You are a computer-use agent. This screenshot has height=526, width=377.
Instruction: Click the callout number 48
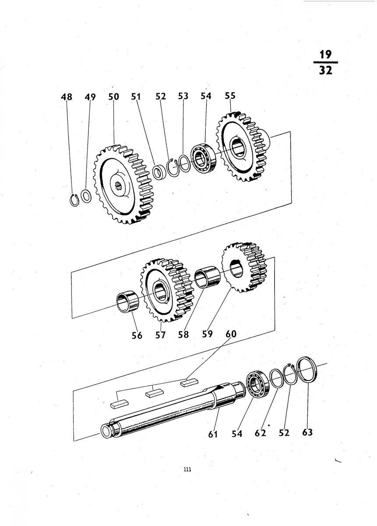67,97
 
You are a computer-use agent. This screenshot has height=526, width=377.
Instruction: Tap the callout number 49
90,97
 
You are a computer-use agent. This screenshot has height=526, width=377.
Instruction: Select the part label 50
114,97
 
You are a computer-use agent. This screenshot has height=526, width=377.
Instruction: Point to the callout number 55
230,96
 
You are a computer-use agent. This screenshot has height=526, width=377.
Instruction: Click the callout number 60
231,334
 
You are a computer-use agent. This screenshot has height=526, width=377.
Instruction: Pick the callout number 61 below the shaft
213,434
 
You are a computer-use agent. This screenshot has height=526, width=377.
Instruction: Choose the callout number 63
307,432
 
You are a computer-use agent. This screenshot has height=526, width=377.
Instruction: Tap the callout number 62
261,433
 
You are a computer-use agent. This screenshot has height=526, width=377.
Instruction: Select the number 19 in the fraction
326,55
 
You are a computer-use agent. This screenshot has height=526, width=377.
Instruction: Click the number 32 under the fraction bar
326,70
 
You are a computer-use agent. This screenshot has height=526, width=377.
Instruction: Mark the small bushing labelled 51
159,173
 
